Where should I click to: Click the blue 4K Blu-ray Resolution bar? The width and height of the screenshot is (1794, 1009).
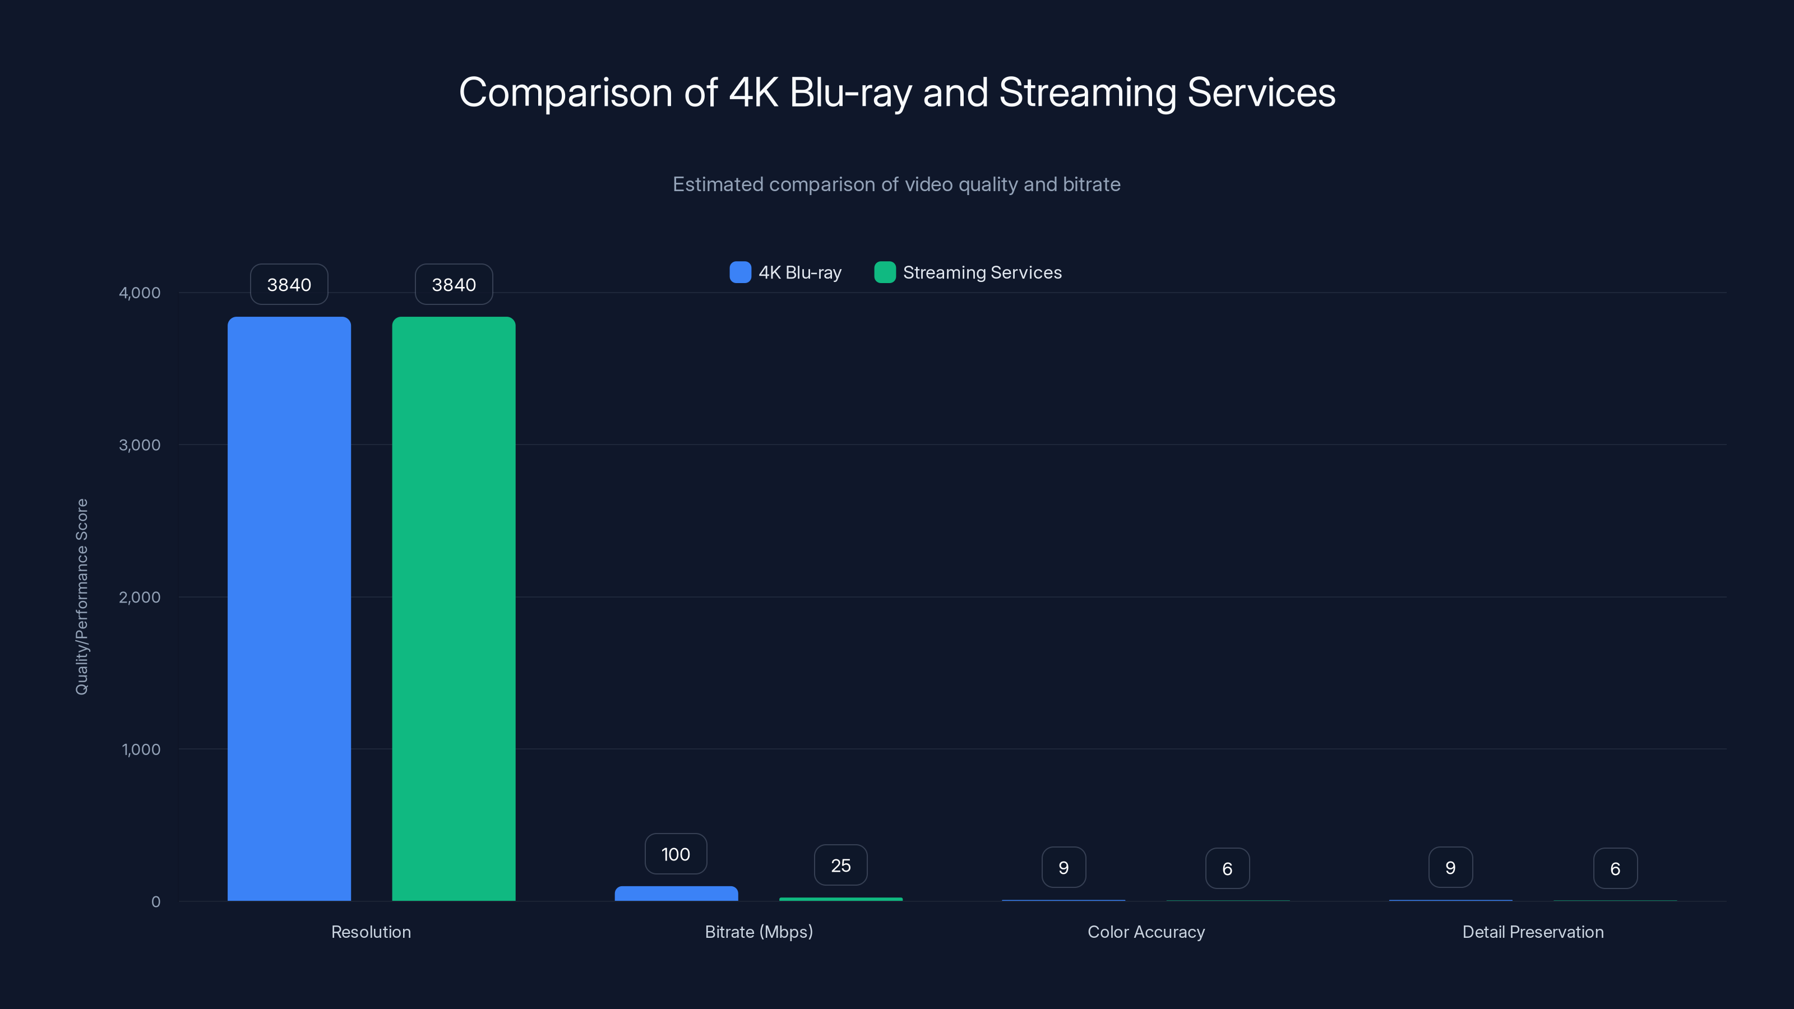click(289, 609)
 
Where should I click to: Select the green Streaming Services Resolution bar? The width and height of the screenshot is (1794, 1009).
click(454, 609)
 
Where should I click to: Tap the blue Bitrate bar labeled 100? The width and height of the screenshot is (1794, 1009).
click(676, 894)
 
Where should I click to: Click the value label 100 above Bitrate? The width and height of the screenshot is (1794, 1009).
click(676, 854)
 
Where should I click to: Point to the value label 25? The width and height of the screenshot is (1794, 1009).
click(840, 865)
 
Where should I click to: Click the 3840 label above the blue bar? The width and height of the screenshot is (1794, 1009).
click(289, 285)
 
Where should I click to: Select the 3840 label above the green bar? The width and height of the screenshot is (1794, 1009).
click(454, 285)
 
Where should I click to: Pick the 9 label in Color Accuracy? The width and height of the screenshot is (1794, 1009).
click(1064, 868)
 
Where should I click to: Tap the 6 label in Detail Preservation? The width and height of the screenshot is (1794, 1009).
click(1615, 868)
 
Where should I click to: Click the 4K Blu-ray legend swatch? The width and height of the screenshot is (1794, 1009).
click(739, 272)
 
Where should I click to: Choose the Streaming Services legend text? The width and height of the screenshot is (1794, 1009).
click(982, 272)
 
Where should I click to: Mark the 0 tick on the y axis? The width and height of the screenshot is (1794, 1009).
click(155, 902)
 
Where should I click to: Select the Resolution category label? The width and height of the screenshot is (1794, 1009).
click(371, 932)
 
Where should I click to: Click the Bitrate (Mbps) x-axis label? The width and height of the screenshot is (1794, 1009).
click(759, 932)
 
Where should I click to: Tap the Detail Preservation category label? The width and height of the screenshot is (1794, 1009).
click(1532, 932)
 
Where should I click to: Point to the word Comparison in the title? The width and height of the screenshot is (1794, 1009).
click(566, 92)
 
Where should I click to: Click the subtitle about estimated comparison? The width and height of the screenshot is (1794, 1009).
click(896, 184)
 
